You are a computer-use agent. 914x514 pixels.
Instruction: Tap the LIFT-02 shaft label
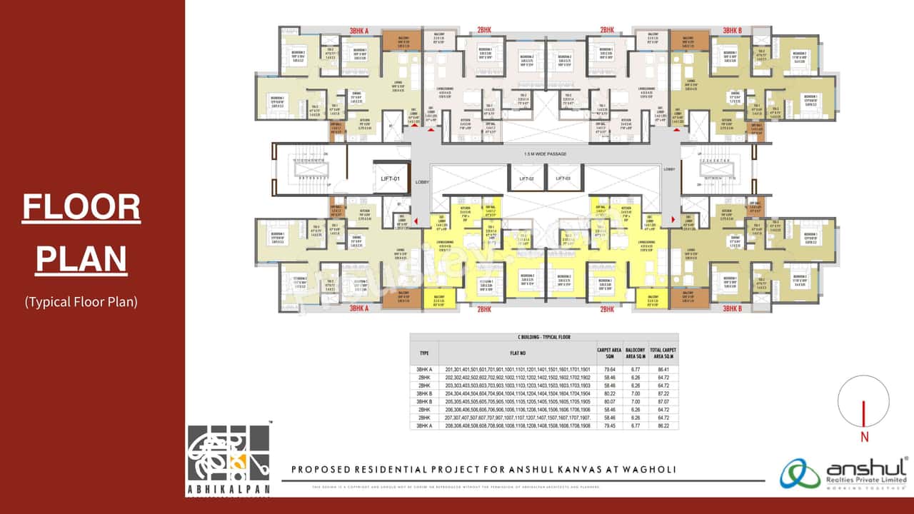point(527,178)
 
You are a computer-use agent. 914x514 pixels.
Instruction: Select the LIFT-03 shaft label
point(563,178)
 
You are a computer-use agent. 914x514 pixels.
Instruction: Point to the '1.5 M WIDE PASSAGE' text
point(546,153)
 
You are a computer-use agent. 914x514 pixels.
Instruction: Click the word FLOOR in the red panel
point(81,207)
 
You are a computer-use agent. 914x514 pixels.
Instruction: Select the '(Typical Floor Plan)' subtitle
point(81,301)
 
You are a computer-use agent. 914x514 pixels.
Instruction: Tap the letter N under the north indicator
point(864,436)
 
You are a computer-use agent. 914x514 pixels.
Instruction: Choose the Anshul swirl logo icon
point(800,473)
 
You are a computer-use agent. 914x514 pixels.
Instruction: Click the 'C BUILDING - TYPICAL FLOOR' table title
point(544,336)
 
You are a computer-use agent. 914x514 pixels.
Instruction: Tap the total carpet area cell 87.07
point(663,402)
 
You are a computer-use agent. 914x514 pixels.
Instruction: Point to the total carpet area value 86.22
point(663,426)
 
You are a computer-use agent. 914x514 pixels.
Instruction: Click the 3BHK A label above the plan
point(358,31)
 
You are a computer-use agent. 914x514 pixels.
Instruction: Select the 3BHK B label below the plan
point(732,309)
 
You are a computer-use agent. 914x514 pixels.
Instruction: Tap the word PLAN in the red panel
point(81,258)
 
